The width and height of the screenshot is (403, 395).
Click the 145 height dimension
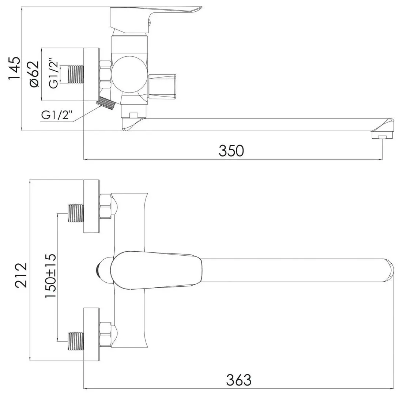click(x=14, y=68)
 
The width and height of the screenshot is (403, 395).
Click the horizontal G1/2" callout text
click(x=57, y=116)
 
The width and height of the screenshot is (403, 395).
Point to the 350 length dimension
click(x=231, y=150)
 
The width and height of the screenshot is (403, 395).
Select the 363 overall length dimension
click(x=239, y=380)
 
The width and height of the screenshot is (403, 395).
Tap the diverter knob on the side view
click(x=163, y=87)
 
